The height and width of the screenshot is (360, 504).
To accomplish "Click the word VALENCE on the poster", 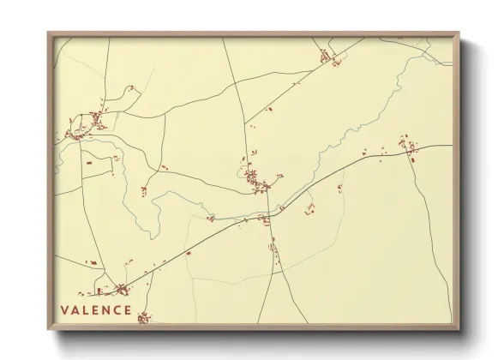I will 96,310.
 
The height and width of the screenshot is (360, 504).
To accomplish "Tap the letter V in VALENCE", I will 64,310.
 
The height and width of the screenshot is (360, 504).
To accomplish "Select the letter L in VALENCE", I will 86,310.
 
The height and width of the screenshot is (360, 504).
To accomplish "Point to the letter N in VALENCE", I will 106,310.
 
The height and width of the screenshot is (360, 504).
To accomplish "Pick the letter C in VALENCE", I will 117,310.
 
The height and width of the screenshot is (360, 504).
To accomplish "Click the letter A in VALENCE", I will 75,310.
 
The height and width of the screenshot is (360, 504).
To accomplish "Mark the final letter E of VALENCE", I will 128,310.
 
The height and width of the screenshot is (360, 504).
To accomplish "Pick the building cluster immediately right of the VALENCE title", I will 143,318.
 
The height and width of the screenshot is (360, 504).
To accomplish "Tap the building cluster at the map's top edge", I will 327,57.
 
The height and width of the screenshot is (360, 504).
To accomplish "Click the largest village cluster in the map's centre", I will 255,181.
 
